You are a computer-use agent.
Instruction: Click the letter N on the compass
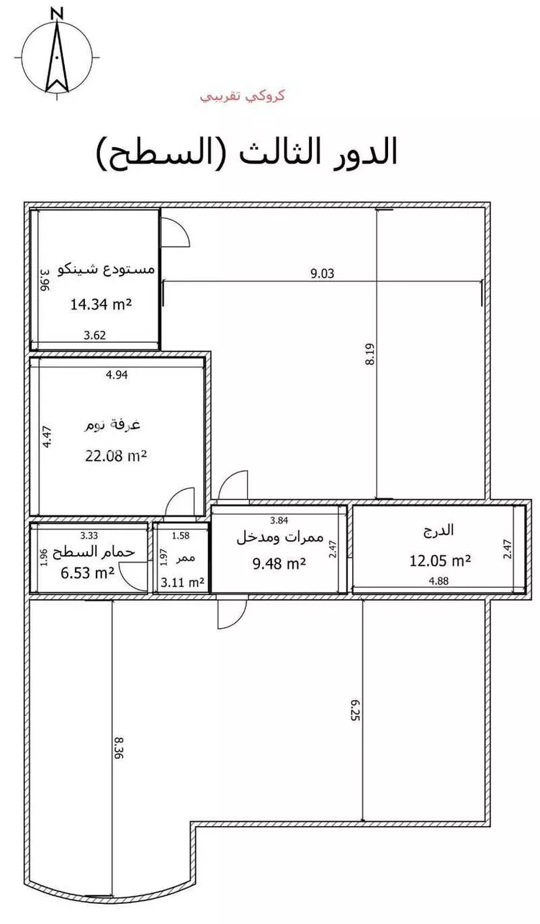(x=57, y=14)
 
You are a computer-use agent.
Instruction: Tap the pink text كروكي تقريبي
(x=243, y=96)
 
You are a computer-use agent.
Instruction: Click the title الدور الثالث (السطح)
(x=247, y=152)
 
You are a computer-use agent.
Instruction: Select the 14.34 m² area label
(x=101, y=305)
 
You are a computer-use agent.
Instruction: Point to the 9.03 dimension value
(x=322, y=274)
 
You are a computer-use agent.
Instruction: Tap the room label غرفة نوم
(x=112, y=425)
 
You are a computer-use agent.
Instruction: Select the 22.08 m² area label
(x=116, y=456)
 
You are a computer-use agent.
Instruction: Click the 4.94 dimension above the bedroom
(x=117, y=375)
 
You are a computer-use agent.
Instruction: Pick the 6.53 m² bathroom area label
(x=87, y=573)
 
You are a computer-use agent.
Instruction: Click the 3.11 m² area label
(x=182, y=583)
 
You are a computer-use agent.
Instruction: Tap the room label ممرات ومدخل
(x=280, y=538)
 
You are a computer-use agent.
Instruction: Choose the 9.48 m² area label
(x=279, y=563)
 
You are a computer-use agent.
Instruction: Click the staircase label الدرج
(x=439, y=529)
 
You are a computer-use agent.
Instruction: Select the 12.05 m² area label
(x=440, y=560)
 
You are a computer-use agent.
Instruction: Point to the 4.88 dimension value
(x=438, y=581)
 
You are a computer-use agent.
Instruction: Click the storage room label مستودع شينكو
(x=106, y=269)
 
